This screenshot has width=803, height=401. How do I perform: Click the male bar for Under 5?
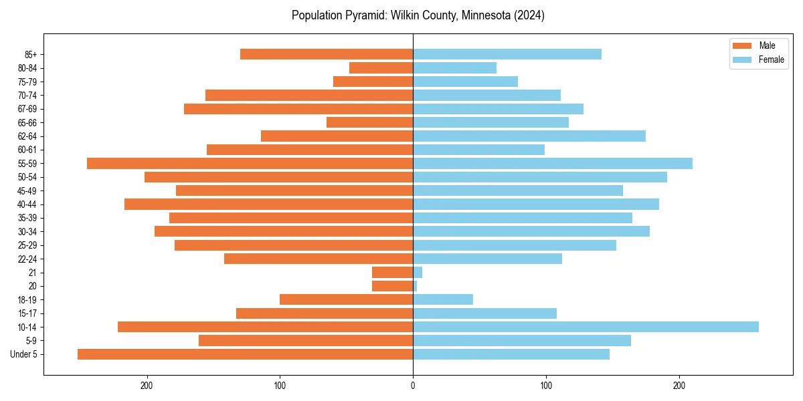click(245, 354)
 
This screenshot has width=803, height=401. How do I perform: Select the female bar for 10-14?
click(586, 327)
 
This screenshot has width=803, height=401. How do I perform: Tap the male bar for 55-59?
click(250, 163)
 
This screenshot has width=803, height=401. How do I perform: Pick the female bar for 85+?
click(507, 54)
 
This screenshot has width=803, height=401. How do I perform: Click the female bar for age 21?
click(418, 272)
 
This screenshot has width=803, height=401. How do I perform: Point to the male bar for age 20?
click(392, 286)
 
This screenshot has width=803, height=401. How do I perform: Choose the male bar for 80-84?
click(381, 68)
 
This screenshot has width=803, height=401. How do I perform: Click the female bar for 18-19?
click(442, 299)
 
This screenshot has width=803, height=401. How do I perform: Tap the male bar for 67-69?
click(298, 108)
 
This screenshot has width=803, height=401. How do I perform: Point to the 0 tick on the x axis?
click(413, 386)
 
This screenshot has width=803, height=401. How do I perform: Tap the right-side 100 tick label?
click(545, 386)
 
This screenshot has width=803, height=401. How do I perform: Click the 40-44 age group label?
click(27, 204)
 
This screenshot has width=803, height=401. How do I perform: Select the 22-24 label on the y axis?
click(27, 259)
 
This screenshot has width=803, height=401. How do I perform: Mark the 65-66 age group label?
click(27, 122)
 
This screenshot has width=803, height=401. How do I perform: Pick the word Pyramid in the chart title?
click(359, 15)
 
